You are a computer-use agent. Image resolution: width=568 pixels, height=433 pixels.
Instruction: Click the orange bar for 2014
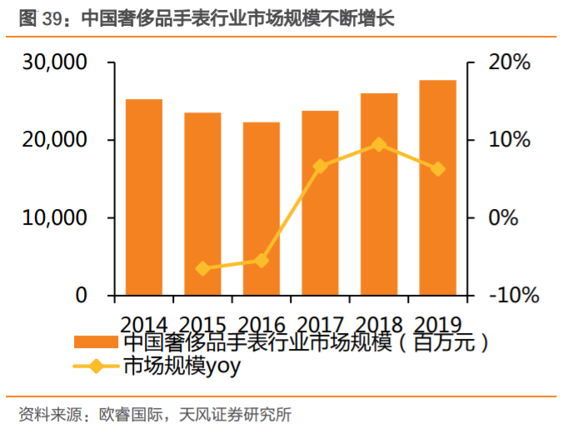click(144, 197)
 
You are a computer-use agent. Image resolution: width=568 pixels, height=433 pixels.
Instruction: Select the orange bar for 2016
click(262, 209)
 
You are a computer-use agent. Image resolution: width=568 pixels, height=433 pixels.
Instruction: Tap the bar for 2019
click(437, 187)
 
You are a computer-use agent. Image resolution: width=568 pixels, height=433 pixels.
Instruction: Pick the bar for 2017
click(320, 203)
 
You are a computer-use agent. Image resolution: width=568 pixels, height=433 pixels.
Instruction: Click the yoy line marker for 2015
click(202, 268)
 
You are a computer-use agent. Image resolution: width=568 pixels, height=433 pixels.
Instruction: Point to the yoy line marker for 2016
click(262, 261)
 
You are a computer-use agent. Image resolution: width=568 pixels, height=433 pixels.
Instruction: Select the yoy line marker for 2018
click(379, 144)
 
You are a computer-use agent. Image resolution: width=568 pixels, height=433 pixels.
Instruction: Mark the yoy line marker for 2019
click(437, 169)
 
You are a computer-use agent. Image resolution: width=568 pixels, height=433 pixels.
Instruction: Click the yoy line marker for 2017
click(320, 167)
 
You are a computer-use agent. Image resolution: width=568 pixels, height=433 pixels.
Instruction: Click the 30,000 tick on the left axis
click(58, 62)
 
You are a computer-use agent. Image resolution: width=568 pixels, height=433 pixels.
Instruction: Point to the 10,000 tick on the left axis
click(58, 218)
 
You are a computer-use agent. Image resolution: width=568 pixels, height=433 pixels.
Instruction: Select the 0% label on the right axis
click(503, 218)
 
